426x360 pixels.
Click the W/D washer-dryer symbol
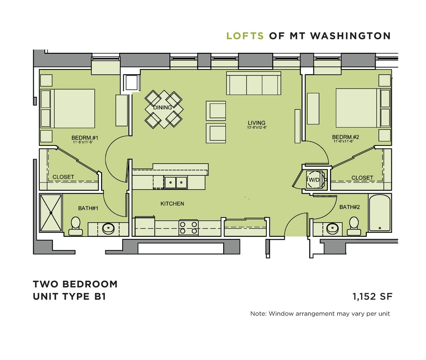tap(315, 180)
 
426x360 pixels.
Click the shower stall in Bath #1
tap(51, 212)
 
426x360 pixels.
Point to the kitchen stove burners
tap(188, 228)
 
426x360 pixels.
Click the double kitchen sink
tap(176, 182)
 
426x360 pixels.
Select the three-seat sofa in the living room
tap(254, 84)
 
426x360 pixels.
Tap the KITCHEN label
tap(172, 204)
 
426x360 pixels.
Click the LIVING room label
tap(256, 122)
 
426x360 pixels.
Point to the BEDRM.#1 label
tap(85, 138)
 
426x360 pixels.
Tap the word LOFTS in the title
tap(245, 36)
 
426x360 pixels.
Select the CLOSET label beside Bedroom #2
tap(362, 178)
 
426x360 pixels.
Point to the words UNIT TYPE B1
tap(69, 296)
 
